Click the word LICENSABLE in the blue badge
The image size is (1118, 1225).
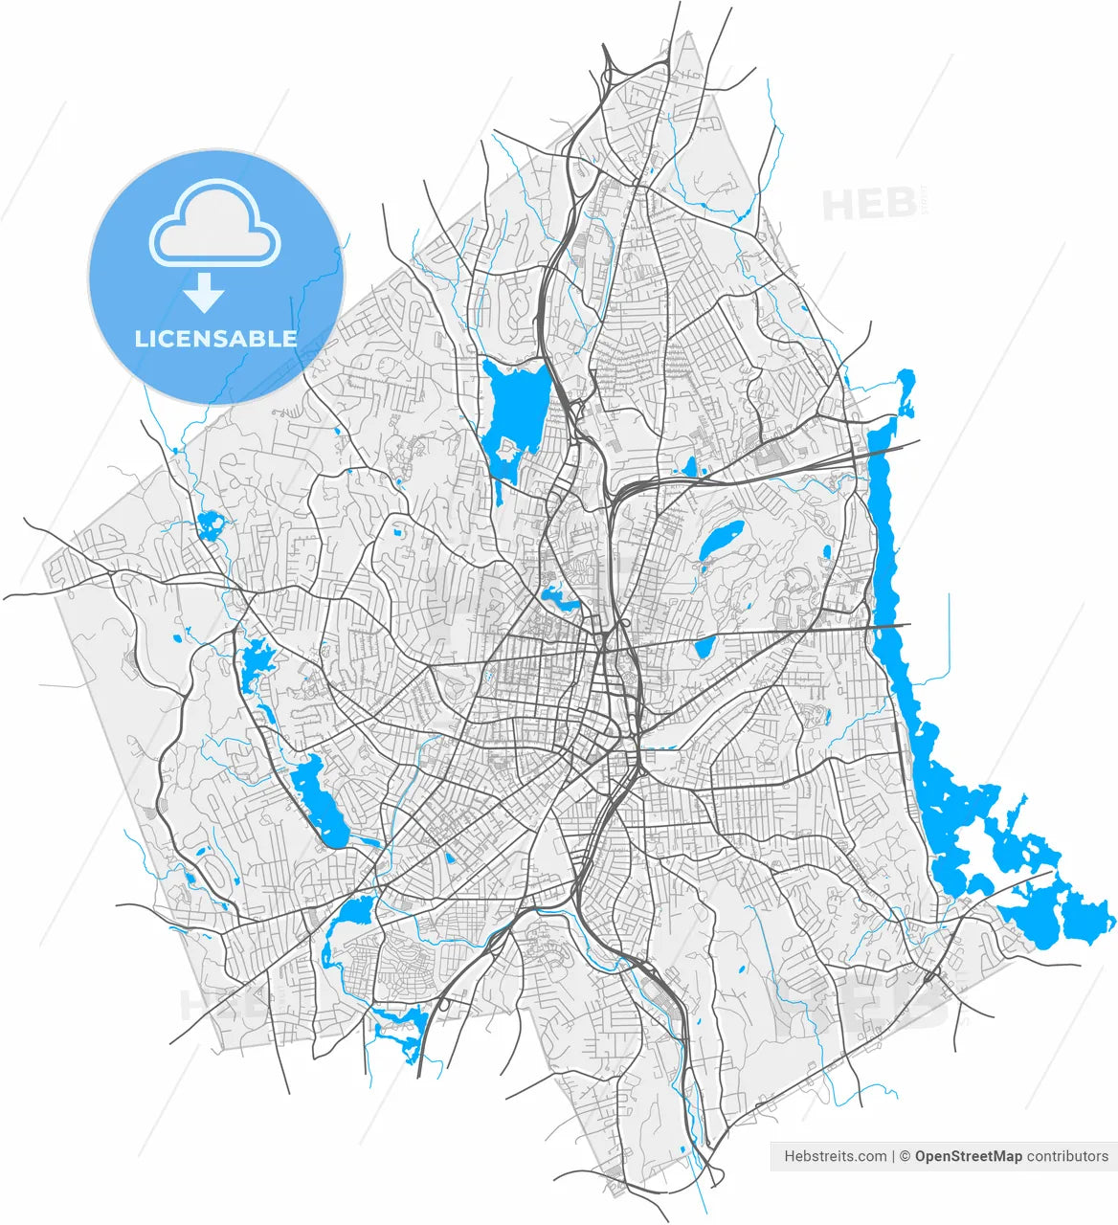point(215,338)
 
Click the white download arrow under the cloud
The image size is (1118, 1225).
point(203,292)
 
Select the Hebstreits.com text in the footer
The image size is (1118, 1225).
point(835,1156)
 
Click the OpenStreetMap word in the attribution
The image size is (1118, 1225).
point(968,1156)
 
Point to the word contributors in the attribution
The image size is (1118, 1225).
point(1067,1156)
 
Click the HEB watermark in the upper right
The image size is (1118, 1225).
point(869,205)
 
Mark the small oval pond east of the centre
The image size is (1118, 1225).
point(723,541)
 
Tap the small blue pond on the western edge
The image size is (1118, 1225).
point(209,524)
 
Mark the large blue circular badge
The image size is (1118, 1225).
point(216,276)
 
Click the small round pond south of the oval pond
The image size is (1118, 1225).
point(705,647)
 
